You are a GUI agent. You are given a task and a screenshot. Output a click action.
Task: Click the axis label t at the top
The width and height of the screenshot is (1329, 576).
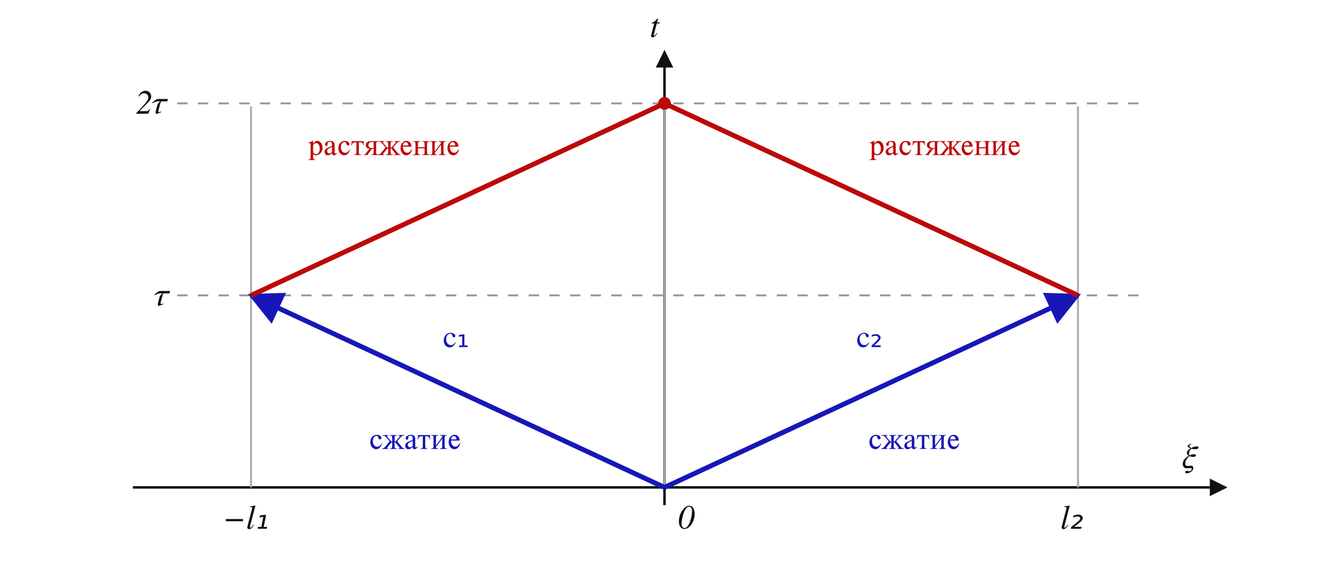click(x=655, y=28)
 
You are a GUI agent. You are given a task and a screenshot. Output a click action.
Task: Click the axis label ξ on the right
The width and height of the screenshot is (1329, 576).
click(x=1190, y=458)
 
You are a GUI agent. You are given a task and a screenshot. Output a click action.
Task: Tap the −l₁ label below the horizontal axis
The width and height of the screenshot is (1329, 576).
click(x=247, y=518)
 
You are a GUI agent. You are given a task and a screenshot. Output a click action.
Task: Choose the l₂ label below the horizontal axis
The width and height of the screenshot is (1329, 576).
click(x=1072, y=518)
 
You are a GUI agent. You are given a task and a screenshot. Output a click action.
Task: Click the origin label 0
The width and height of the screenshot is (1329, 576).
click(x=686, y=518)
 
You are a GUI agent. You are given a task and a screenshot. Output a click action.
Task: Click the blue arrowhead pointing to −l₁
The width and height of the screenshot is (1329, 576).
click(x=266, y=305)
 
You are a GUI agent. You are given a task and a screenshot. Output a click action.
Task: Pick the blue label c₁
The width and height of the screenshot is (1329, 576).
click(x=455, y=340)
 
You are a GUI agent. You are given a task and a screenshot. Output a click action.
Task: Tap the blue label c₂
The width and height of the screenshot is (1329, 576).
click(x=869, y=340)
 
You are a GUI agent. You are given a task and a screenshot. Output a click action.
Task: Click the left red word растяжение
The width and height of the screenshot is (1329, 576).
click(x=384, y=147)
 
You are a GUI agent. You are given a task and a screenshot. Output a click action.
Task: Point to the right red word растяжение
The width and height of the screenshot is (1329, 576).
click(x=944, y=147)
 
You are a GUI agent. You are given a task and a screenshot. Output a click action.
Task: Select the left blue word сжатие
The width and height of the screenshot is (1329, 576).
click(x=415, y=441)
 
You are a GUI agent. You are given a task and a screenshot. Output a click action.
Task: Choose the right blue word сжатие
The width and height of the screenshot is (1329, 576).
click(x=914, y=441)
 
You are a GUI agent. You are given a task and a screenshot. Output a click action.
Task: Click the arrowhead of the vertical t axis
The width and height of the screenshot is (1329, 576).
click(x=664, y=60)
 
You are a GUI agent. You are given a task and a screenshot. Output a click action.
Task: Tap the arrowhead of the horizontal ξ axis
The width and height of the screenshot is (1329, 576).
click(x=1218, y=487)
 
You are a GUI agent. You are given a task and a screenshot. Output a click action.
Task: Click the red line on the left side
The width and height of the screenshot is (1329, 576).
click(x=457, y=199)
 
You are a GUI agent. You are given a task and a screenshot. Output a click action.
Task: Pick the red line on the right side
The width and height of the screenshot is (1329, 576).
click(x=872, y=199)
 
